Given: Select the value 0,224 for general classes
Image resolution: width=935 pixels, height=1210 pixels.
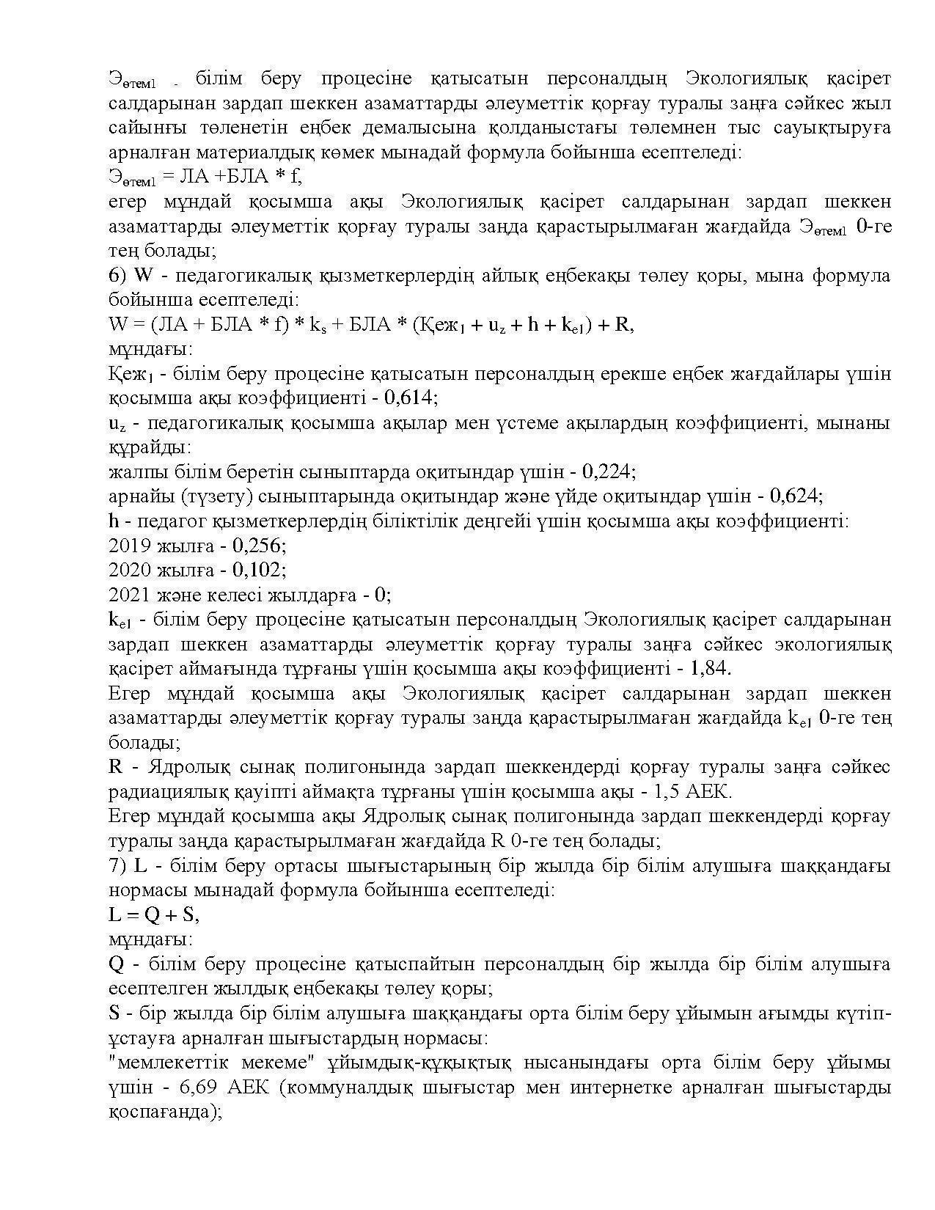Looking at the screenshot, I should click(x=609, y=472).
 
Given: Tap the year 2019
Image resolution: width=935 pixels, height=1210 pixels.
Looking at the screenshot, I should click(x=129, y=546).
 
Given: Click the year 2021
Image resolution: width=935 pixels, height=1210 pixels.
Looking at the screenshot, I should click(x=129, y=594).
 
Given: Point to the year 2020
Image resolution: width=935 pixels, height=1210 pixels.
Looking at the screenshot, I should click(x=129, y=570).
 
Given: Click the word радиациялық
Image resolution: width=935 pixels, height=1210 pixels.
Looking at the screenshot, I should click(x=180, y=792).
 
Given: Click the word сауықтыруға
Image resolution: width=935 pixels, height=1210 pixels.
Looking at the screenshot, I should click(x=832, y=128).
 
